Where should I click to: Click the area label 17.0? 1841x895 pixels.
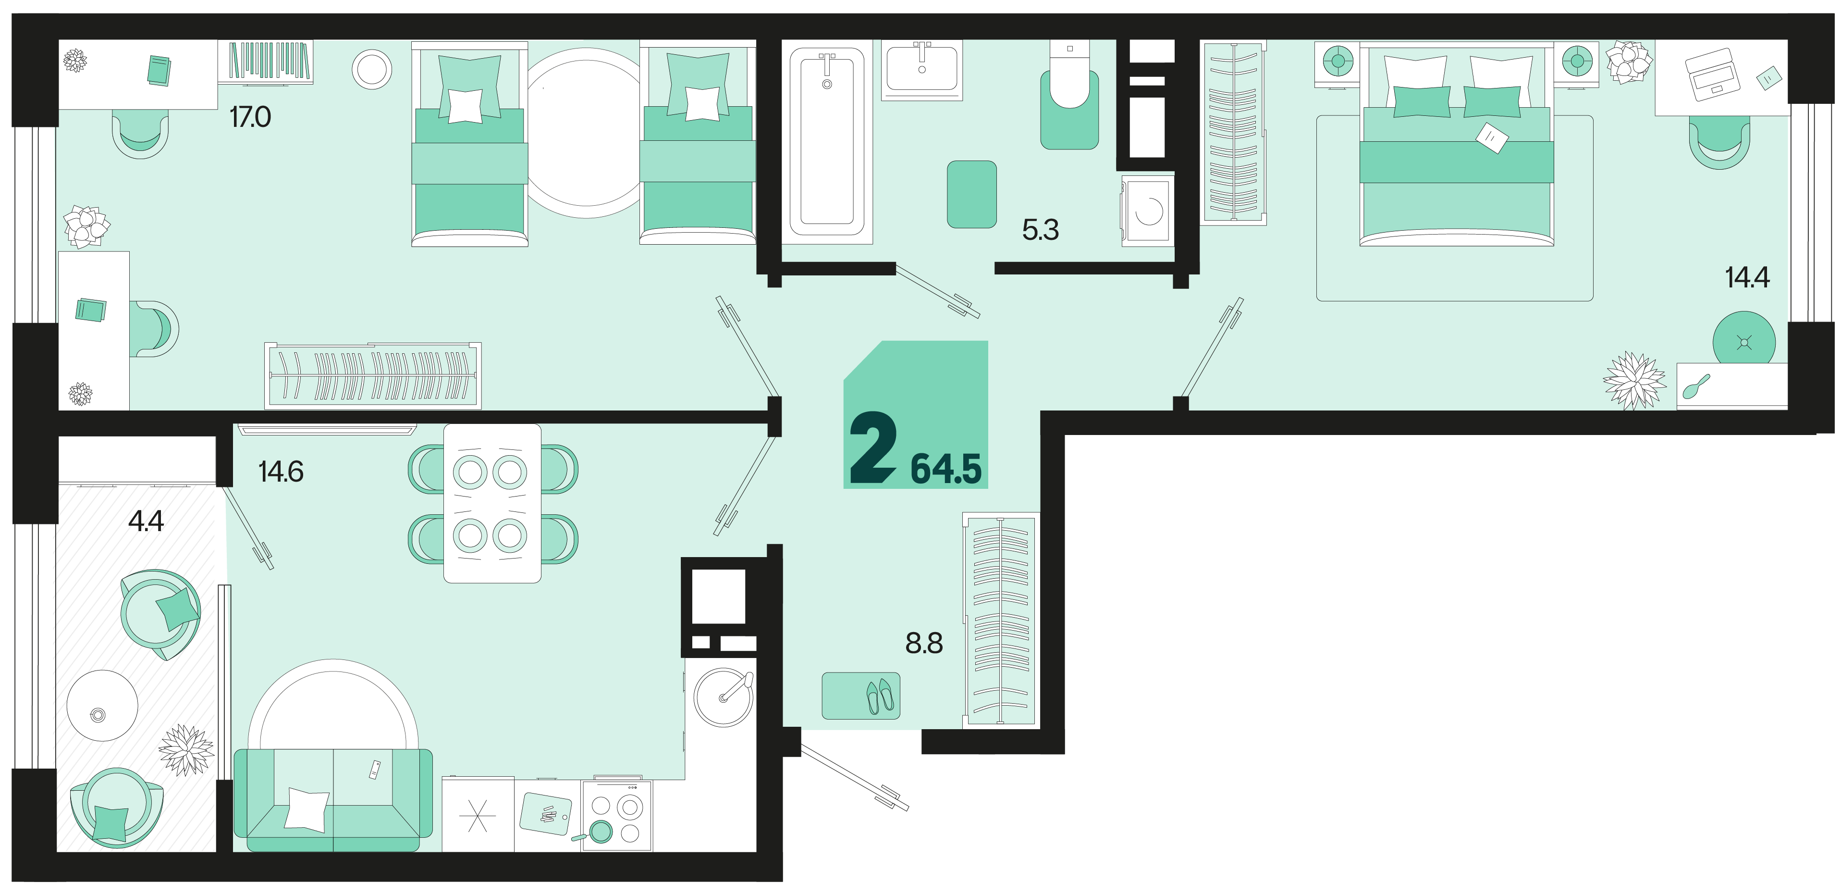pyautogui.click(x=250, y=116)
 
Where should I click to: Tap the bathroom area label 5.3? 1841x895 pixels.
pyautogui.click(x=1041, y=229)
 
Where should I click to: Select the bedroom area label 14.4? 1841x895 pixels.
pyautogui.click(x=1747, y=277)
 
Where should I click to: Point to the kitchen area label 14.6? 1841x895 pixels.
pyautogui.click(x=281, y=472)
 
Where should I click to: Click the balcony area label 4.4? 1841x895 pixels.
pyautogui.click(x=146, y=521)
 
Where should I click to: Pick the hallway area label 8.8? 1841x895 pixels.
pyautogui.click(x=924, y=643)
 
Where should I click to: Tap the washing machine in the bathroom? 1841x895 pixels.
pyautogui.click(x=1148, y=211)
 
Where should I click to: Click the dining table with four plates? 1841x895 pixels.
pyautogui.click(x=492, y=503)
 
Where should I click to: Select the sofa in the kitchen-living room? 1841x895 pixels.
pyautogui.click(x=333, y=800)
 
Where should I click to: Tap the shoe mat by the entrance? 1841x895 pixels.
pyautogui.click(x=860, y=696)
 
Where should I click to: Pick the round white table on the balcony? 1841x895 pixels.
pyautogui.click(x=102, y=706)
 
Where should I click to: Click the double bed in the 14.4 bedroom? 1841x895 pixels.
pyautogui.click(x=1457, y=143)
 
